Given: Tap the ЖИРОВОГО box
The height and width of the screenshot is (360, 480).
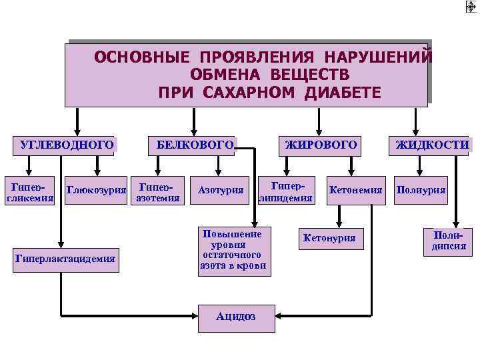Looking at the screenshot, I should pyautogui.click(x=321, y=145).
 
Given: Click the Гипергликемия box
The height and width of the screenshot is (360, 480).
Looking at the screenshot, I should pyautogui.click(x=29, y=191).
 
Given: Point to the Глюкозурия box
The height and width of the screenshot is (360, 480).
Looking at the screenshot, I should pyautogui.click(x=97, y=191).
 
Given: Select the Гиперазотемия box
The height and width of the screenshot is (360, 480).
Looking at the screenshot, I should pyautogui.click(x=157, y=191).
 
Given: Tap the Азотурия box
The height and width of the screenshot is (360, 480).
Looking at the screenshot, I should pyautogui.click(x=221, y=191).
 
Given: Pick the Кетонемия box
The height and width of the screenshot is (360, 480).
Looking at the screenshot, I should pyautogui.click(x=355, y=191).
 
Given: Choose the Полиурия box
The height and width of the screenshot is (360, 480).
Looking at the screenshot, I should pyautogui.click(x=421, y=191).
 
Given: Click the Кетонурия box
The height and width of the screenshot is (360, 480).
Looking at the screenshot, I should pyautogui.click(x=329, y=238).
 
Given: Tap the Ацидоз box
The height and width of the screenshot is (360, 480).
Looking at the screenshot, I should pyautogui.click(x=236, y=317).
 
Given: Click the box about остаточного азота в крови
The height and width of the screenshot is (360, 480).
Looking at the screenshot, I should pyautogui.click(x=233, y=250).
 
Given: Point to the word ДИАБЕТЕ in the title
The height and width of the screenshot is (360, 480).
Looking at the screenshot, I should pyautogui.click(x=342, y=91).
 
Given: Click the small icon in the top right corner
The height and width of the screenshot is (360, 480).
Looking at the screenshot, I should pyautogui.click(x=471, y=6).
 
